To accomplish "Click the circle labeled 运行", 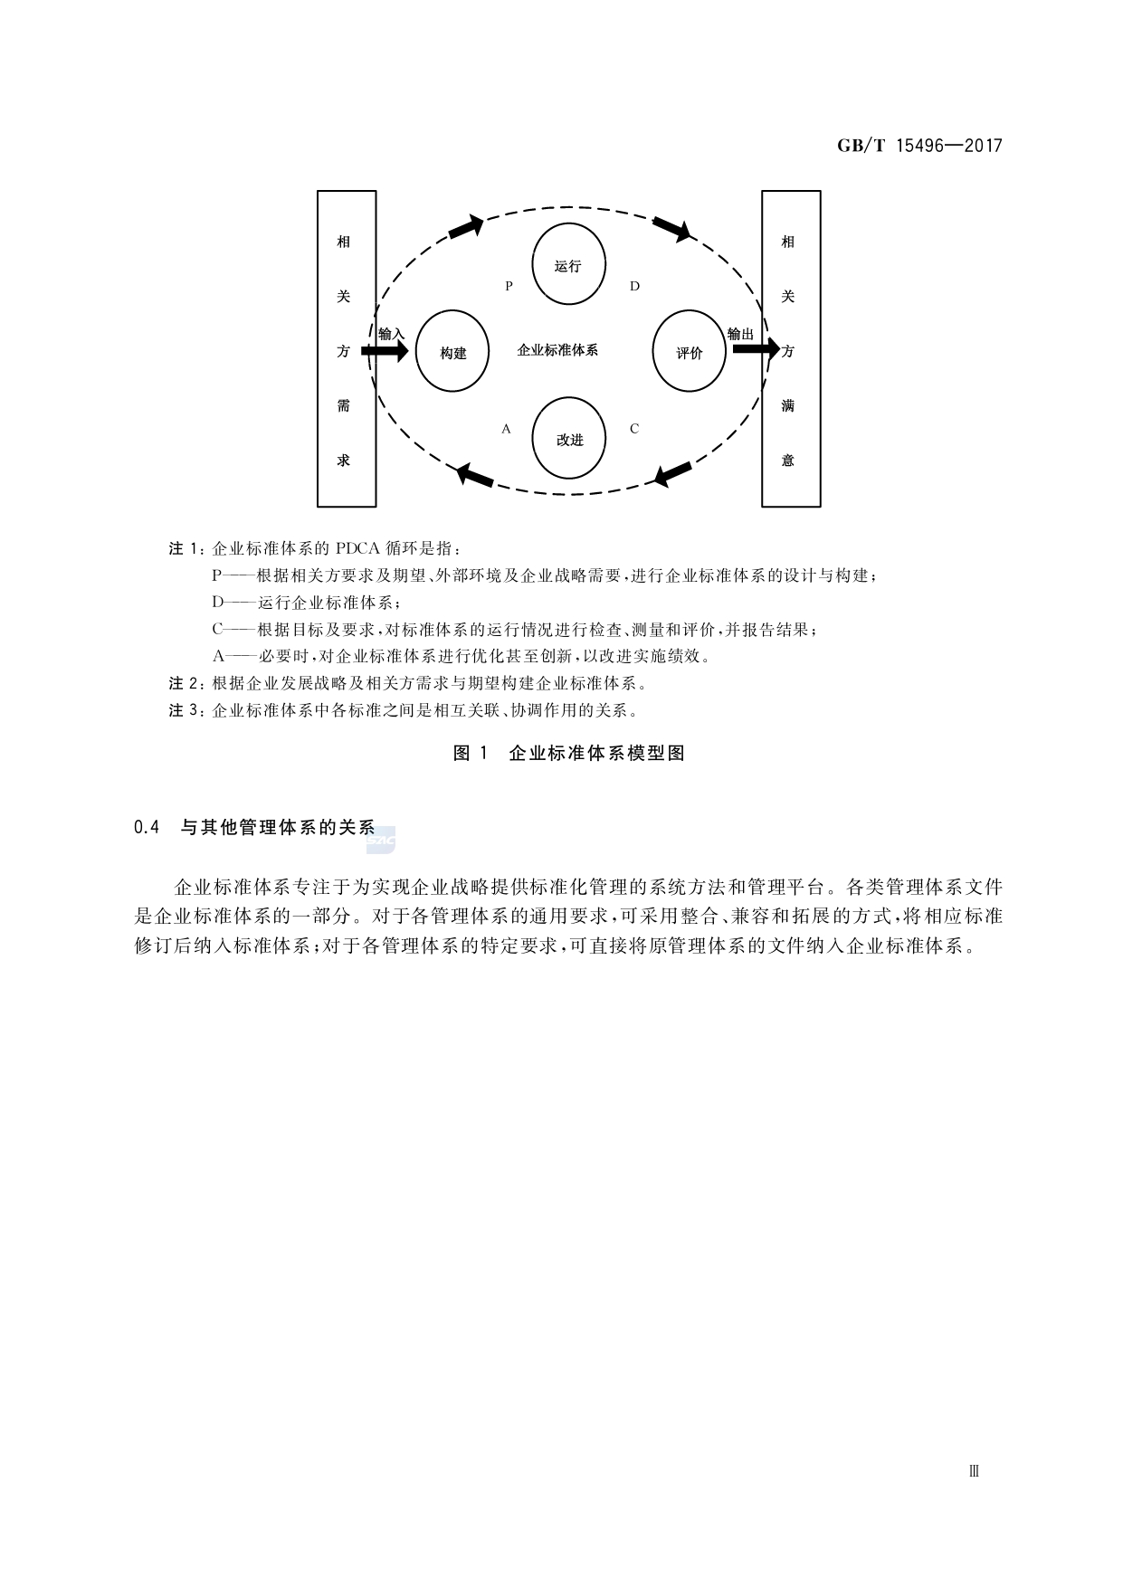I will tap(568, 265).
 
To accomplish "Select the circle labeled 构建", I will tap(452, 352).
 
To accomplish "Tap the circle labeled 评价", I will tap(689, 352).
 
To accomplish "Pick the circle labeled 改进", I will tap(569, 439).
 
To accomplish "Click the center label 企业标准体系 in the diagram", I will tap(557, 350).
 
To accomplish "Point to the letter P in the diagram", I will tap(509, 286).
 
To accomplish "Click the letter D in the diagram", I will tap(634, 286).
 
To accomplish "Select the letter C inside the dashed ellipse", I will tap(634, 429).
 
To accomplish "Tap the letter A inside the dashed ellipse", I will tap(507, 429).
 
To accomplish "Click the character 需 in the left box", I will tap(344, 405).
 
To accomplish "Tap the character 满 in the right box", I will tap(788, 405).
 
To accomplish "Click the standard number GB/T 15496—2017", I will tap(919, 146).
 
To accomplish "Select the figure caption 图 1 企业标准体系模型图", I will tap(568, 753).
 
